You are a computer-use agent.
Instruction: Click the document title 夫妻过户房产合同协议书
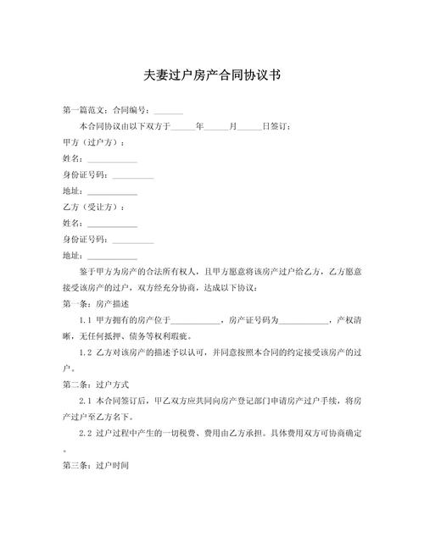pyautogui.click(x=211, y=75)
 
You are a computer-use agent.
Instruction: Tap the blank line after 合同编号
pyautogui.click(x=168, y=111)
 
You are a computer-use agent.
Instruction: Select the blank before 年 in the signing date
pyautogui.click(x=183, y=127)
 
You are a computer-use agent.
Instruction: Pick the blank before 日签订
pyautogui.click(x=249, y=127)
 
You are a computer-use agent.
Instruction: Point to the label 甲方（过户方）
pyautogui.click(x=94, y=142)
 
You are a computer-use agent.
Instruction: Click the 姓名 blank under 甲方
pyautogui.click(x=112, y=159)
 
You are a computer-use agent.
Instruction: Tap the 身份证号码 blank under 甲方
pyautogui.click(x=133, y=175)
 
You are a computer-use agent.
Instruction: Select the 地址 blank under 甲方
pyautogui.click(x=112, y=191)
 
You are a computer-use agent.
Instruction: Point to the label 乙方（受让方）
pyautogui.click(x=94, y=208)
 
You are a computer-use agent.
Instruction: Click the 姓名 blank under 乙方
pyautogui.click(x=112, y=224)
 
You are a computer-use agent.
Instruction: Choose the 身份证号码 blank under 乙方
pyautogui.click(x=133, y=241)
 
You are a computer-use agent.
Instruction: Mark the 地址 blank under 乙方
pyautogui.click(x=112, y=257)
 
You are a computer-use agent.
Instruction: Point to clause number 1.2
pyautogui.click(x=86, y=353)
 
